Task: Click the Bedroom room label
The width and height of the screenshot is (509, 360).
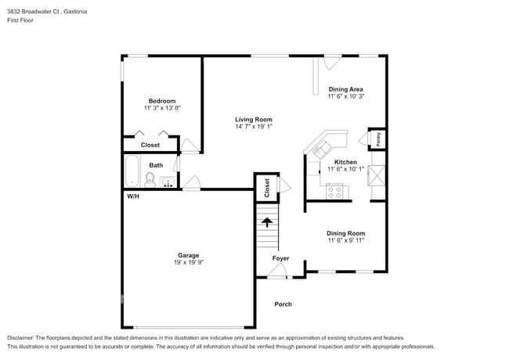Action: pyautogui.click(x=162, y=100)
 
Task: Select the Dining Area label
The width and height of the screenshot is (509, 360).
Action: pyautogui.click(x=345, y=89)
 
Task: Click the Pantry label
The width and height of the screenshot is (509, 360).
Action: pyautogui.click(x=377, y=139)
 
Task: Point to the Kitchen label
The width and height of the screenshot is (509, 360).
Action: pyautogui.click(x=345, y=162)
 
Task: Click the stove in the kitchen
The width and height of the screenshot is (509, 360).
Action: pyautogui.click(x=336, y=190)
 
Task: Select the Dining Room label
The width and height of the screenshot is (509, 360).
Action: pyautogui.click(x=345, y=233)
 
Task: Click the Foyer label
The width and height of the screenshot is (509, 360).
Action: pyautogui.click(x=280, y=258)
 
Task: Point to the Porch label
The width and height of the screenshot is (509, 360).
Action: pyautogui.click(x=283, y=304)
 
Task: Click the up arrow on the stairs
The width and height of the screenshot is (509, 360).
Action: pyautogui.click(x=267, y=222)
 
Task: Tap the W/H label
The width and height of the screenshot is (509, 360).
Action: pyautogui.click(x=133, y=196)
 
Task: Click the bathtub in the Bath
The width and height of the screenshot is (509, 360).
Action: pyautogui.click(x=132, y=171)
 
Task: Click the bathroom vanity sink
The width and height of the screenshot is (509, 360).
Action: pyautogui.click(x=168, y=182)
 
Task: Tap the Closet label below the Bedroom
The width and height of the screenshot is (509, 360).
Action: pyautogui.click(x=150, y=145)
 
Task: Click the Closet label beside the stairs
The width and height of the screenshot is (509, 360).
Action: pyautogui.click(x=267, y=187)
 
